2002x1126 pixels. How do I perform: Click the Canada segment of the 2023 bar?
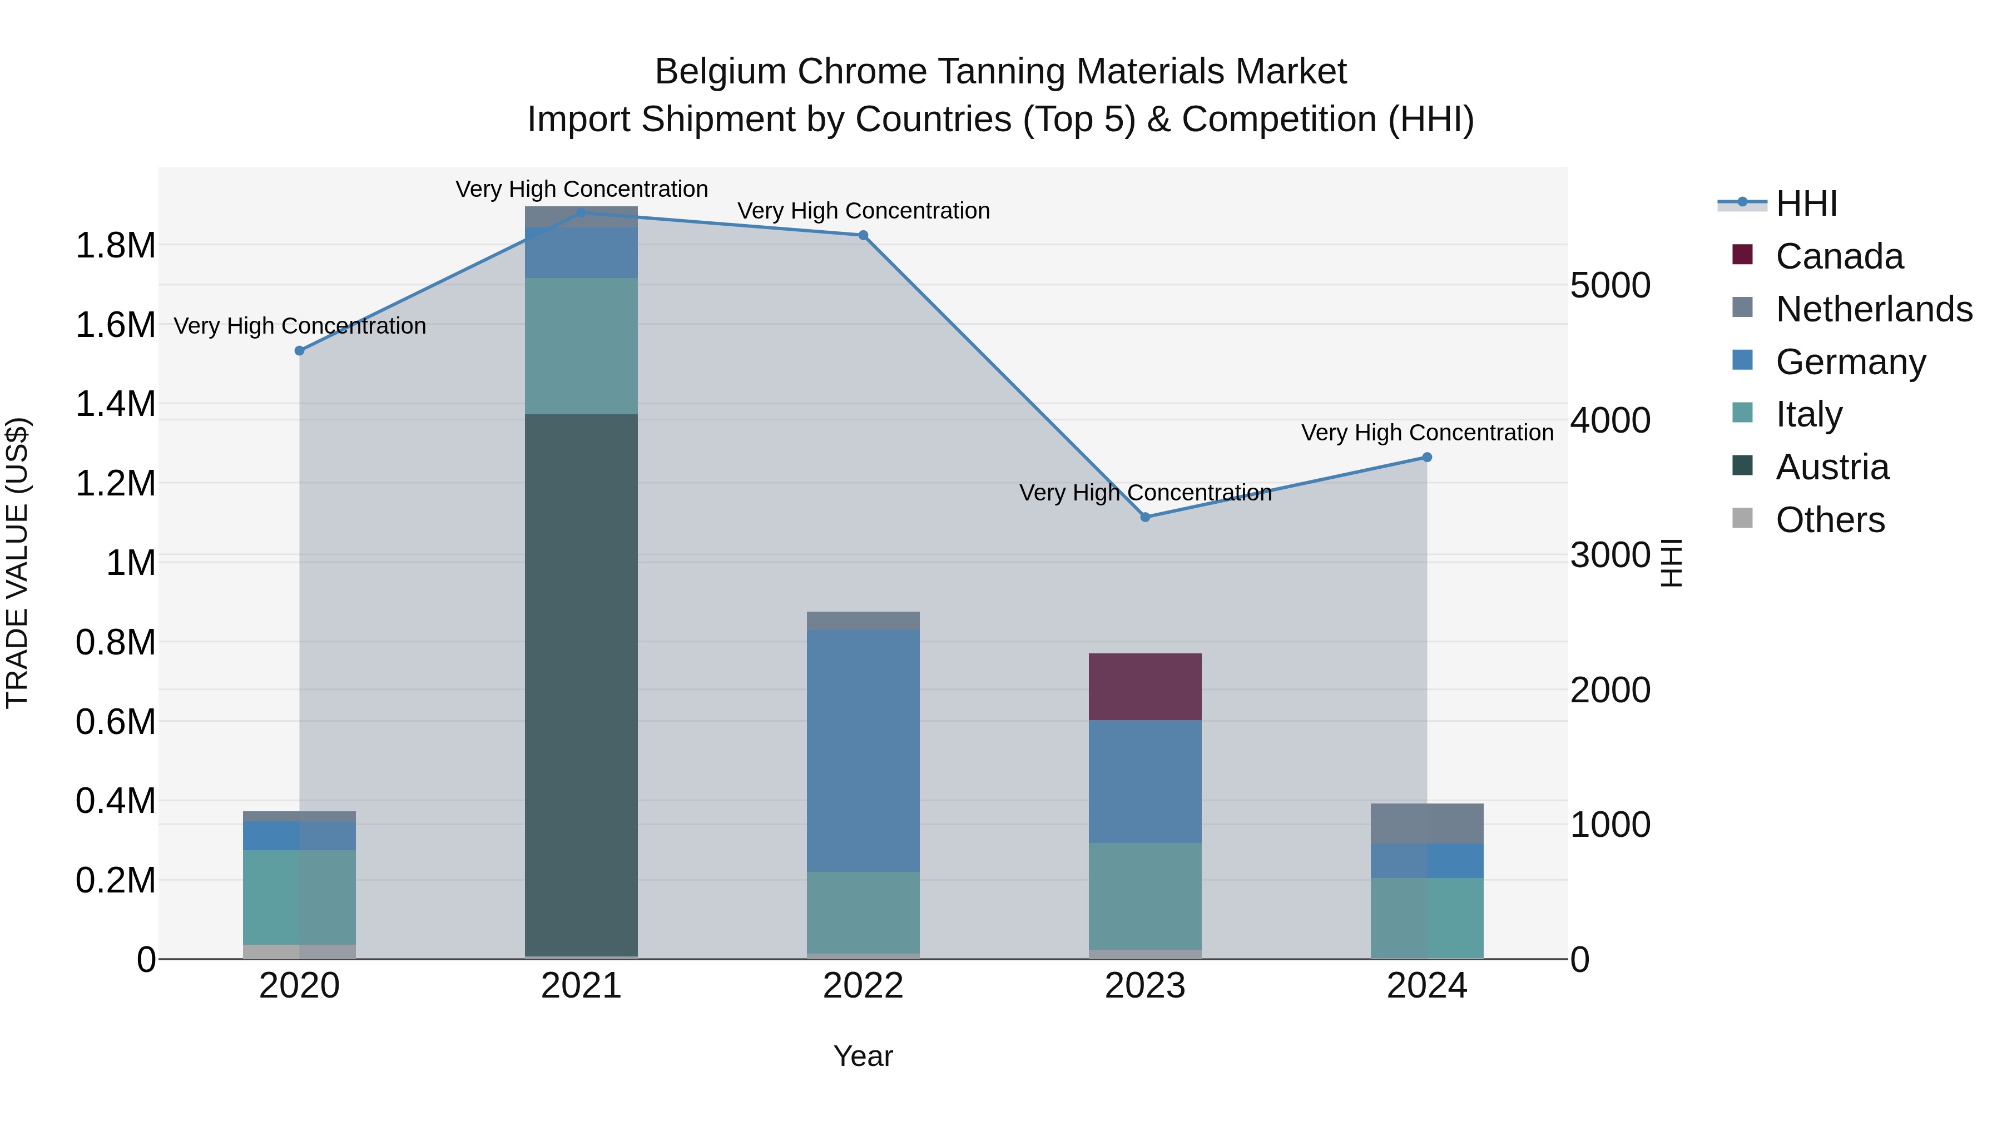point(1145,686)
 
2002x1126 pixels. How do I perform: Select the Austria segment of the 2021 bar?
point(581,684)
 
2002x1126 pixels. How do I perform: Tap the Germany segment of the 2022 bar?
point(863,750)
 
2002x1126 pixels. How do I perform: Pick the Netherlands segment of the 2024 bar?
point(1427,823)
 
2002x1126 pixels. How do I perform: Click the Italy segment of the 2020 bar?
point(299,897)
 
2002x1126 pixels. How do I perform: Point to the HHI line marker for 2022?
point(863,235)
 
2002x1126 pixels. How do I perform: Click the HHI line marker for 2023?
point(1145,517)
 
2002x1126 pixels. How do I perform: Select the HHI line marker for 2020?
point(299,350)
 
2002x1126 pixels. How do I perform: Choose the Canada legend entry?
point(1839,256)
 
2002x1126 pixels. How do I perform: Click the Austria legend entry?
point(1831,467)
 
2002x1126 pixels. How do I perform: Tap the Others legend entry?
point(1830,520)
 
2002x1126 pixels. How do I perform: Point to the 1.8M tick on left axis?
point(115,246)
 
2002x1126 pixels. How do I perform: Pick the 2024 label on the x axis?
point(1427,986)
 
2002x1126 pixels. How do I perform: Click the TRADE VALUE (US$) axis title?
point(17,563)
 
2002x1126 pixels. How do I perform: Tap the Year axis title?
point(863,1056)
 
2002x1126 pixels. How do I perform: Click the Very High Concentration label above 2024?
point(1427,432)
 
